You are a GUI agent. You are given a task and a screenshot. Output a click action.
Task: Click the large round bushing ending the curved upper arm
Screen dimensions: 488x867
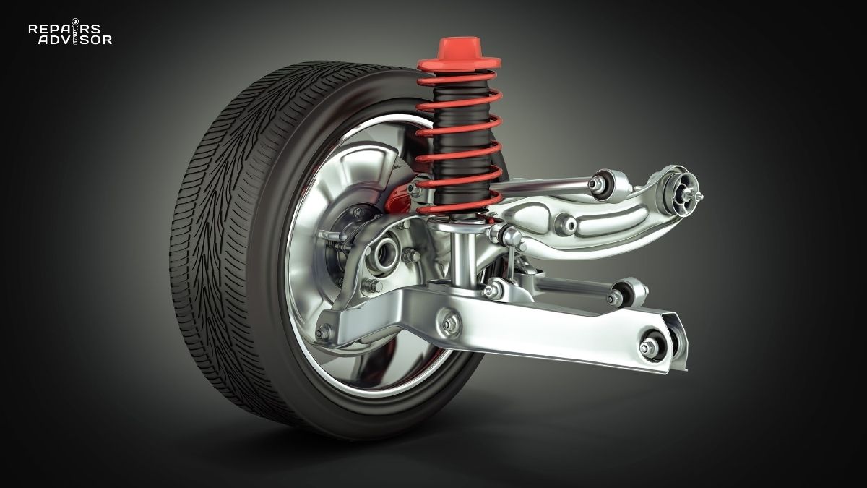[x=681, y=189]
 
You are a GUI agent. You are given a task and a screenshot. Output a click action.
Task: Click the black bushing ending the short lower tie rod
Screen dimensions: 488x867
[x=618, y=296]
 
